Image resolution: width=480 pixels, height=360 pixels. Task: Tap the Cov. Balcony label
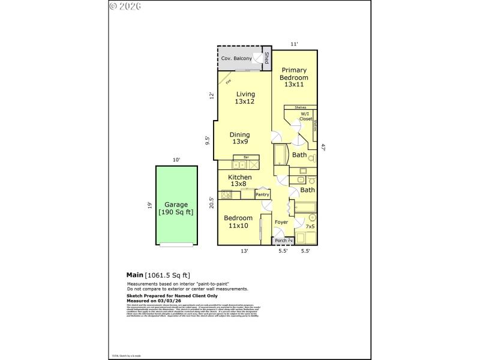tap(236, 59)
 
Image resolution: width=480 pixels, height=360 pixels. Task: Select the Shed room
tap(267, 59)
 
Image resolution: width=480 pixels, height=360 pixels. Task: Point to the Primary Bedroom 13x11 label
tap(295, 77)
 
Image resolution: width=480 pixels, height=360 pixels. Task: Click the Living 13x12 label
tap(245, 98)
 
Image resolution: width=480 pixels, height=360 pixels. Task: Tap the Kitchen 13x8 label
tap(239, 181)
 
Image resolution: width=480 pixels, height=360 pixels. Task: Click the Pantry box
tap(262, 194)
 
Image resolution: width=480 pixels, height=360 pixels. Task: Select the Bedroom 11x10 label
tap(238, 221)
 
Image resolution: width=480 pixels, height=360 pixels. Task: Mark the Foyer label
tap(281, 223)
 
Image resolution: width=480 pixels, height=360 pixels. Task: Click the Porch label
tap(281, 241)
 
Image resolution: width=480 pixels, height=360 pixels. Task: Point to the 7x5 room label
tap(310, 227)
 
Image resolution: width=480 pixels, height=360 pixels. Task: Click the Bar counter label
tap(238, 157)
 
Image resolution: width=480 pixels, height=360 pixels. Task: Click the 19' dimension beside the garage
tap(149, 205)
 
